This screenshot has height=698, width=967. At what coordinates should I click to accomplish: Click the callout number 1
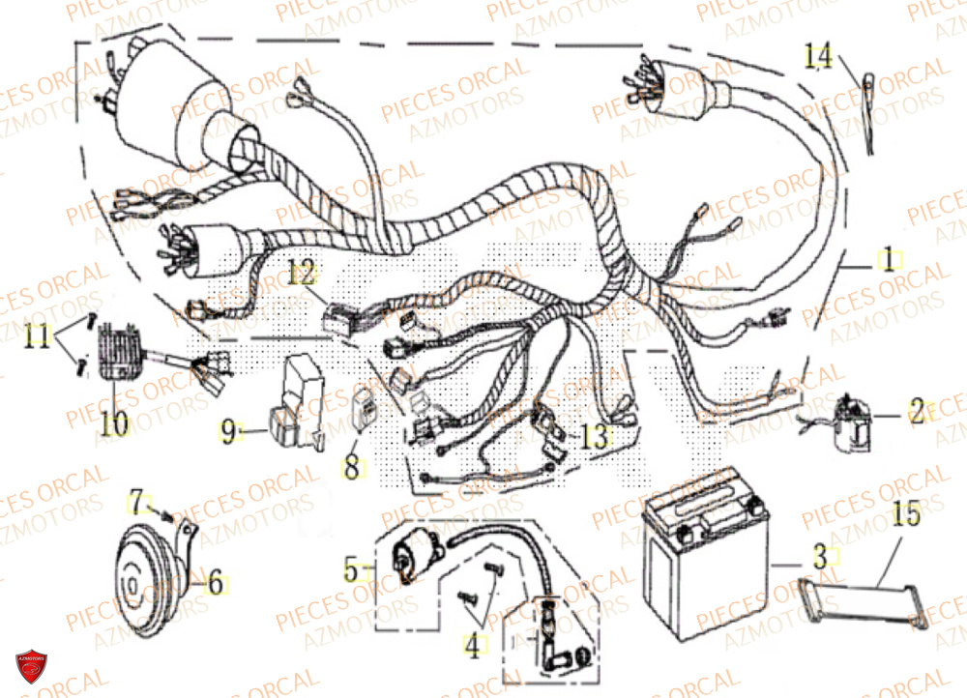(x=887, y=259)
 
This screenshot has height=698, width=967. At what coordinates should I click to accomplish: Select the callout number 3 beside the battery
(x=819, y=556)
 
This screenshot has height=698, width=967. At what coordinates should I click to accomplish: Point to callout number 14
(x=817, y=58)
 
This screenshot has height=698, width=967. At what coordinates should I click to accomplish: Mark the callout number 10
(x=114, y=422)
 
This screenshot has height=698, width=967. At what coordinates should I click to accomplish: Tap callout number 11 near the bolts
(x=37, y=337)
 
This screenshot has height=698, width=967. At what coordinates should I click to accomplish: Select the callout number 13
(x=596, y=438)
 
